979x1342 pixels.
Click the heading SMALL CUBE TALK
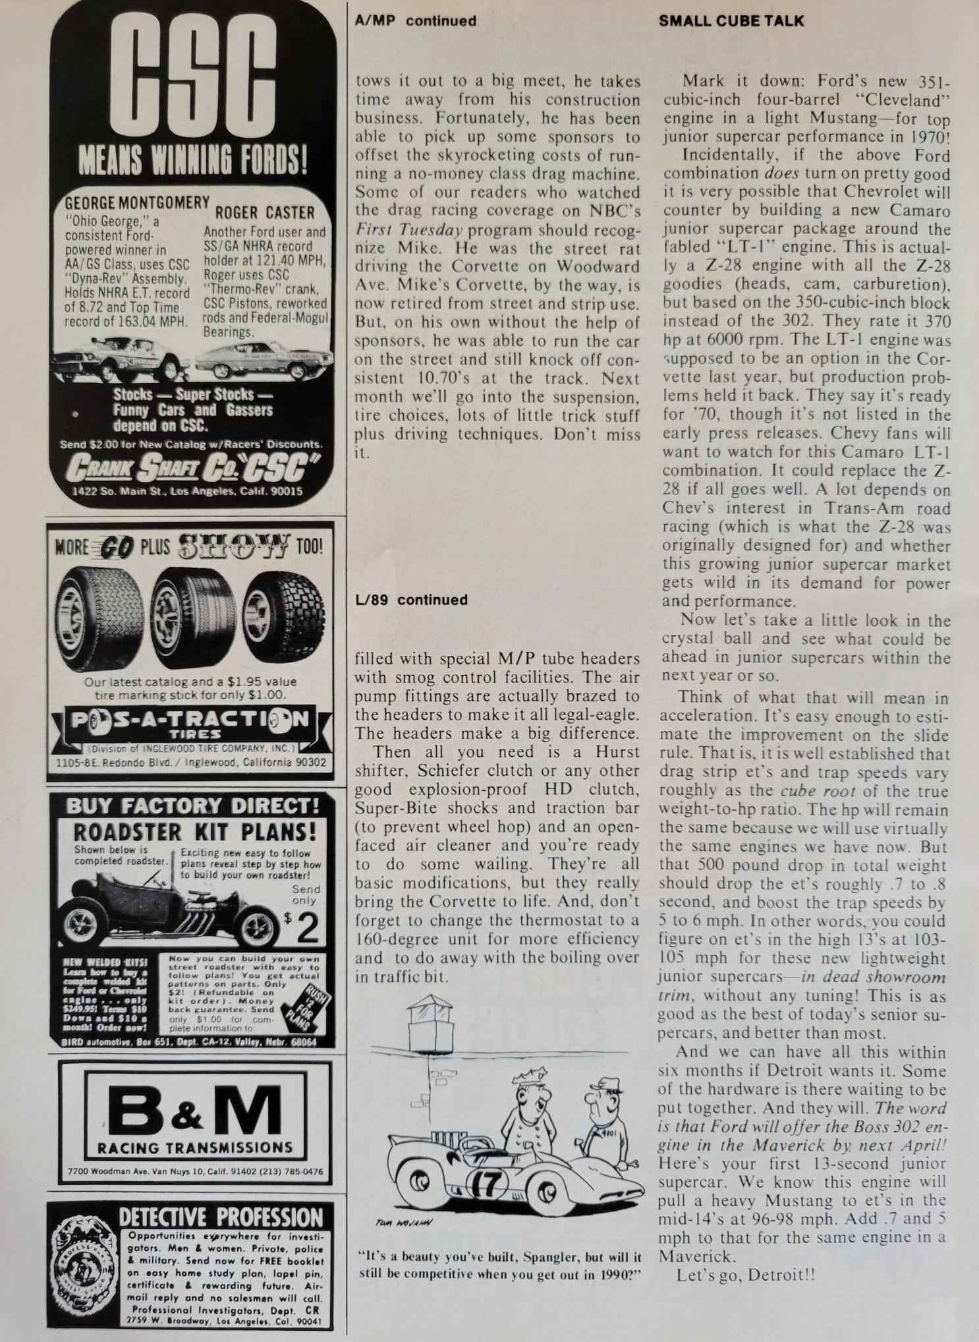point(731,20)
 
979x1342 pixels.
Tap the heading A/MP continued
point(415,20)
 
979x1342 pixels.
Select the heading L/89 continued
point(410,600)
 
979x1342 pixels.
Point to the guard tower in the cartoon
point(428,1018)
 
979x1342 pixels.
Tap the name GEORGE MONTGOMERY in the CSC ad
point(137,202)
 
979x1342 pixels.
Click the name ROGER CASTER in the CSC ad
point(265,212)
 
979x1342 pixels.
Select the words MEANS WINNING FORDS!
point(192,159)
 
